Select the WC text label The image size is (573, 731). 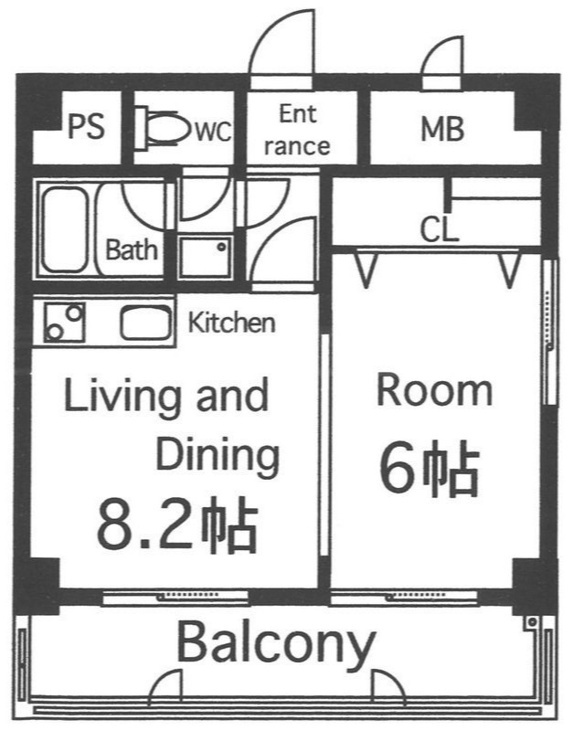tap(212, 131)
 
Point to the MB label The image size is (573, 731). tap(442, 129)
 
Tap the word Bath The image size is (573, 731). tap(132, 249)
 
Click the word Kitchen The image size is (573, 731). tap(231, 323)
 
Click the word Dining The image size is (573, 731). tap(216, 454)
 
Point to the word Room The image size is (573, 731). tap(435, 391)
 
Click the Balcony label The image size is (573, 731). tap(275, 644)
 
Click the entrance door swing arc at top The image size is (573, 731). tap(283, 46)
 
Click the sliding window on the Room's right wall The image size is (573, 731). tap(548, 334)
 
